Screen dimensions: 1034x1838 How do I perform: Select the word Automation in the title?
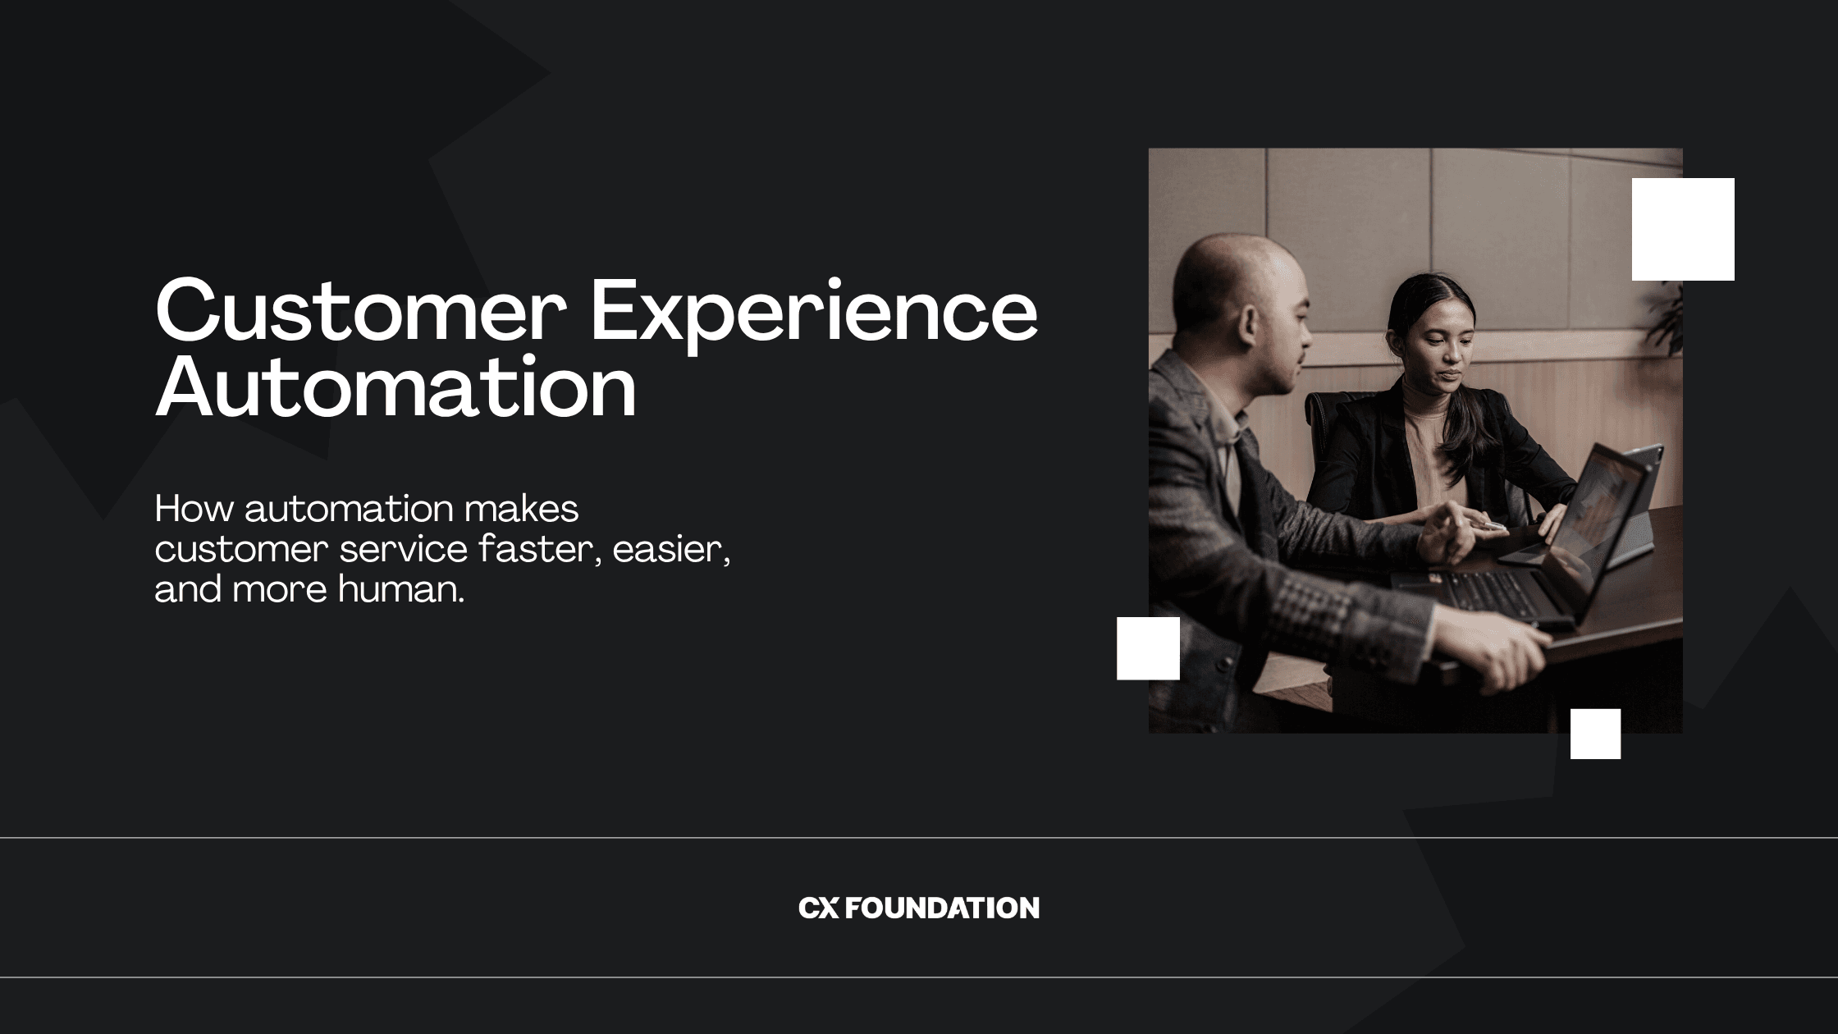(395, 387)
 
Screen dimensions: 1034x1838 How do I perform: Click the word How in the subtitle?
(194, 509)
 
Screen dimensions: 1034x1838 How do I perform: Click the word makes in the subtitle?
(521, 509)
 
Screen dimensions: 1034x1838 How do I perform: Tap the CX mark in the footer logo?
(818, 908)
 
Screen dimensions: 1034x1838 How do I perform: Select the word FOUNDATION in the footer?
(942, 908)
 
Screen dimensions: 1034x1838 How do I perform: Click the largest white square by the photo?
(1683, 229)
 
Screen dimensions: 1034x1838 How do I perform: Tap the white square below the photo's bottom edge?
(1595, 734)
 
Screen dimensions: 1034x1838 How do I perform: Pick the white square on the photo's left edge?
(1148, 648)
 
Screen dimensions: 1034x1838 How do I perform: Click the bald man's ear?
(1248, 324)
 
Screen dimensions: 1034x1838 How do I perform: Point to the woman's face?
(1445, 349)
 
